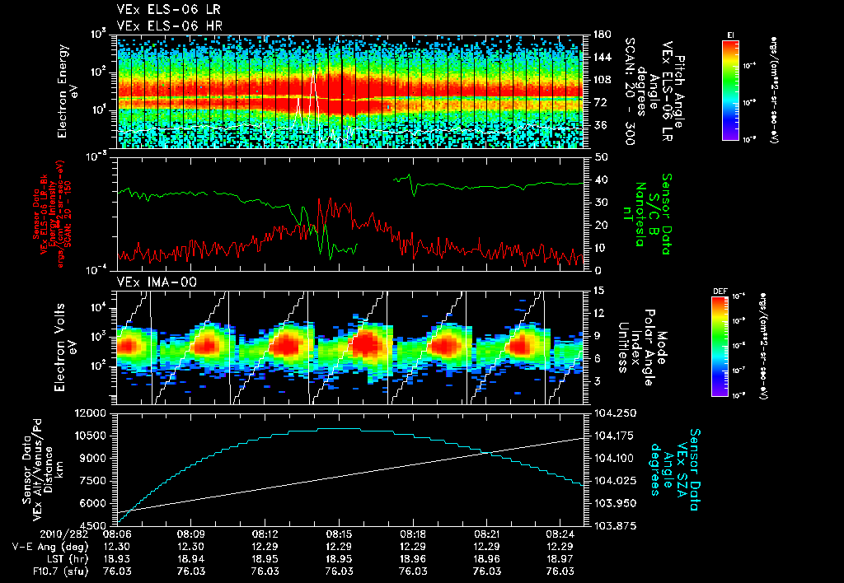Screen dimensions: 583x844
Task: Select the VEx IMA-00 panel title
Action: (x=149, y=282)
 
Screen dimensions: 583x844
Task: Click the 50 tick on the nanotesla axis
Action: (x=601, y=156)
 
